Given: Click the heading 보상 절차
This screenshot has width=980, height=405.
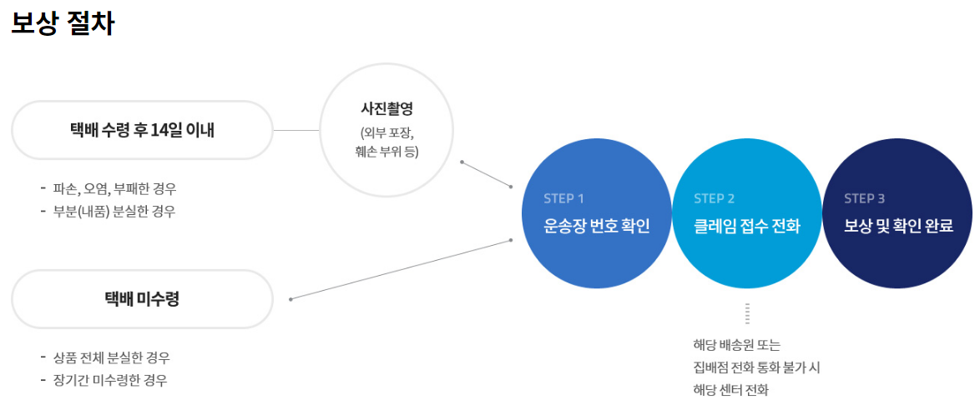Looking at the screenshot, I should (x=63, y=23).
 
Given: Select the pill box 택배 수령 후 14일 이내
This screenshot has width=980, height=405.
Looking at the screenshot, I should (x=142, y=130).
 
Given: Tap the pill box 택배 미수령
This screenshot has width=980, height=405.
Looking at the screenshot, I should (x=142, y=299).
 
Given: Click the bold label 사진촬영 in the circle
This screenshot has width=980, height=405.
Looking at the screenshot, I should (x=386, y=109).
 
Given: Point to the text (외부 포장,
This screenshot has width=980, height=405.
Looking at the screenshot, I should (x=386, y=132).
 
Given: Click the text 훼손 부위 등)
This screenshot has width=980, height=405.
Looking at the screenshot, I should (x=386, y=152).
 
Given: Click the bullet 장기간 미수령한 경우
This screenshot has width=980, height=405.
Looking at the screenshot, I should (x=109, y=380).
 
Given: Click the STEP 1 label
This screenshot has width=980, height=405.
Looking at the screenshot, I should (x=563, y=198).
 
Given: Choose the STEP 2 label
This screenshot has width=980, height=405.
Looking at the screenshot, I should (x=714, y=198).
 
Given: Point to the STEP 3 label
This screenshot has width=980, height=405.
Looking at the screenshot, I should (x=864, y=198).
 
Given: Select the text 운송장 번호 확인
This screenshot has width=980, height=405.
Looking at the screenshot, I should (x=596, y=226).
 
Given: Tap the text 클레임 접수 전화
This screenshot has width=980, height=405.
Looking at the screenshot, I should (x=746, y=226).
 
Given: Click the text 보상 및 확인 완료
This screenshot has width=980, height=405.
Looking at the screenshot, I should (x=897, y=226).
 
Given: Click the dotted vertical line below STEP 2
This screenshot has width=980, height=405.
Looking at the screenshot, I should (x=748, y=313).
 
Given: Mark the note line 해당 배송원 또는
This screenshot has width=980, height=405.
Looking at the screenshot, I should (x=736, y=345).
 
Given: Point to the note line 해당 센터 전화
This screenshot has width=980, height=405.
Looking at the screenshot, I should (x=730, y=389).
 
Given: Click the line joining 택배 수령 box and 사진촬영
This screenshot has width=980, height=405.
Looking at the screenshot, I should (x=296, y=131).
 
